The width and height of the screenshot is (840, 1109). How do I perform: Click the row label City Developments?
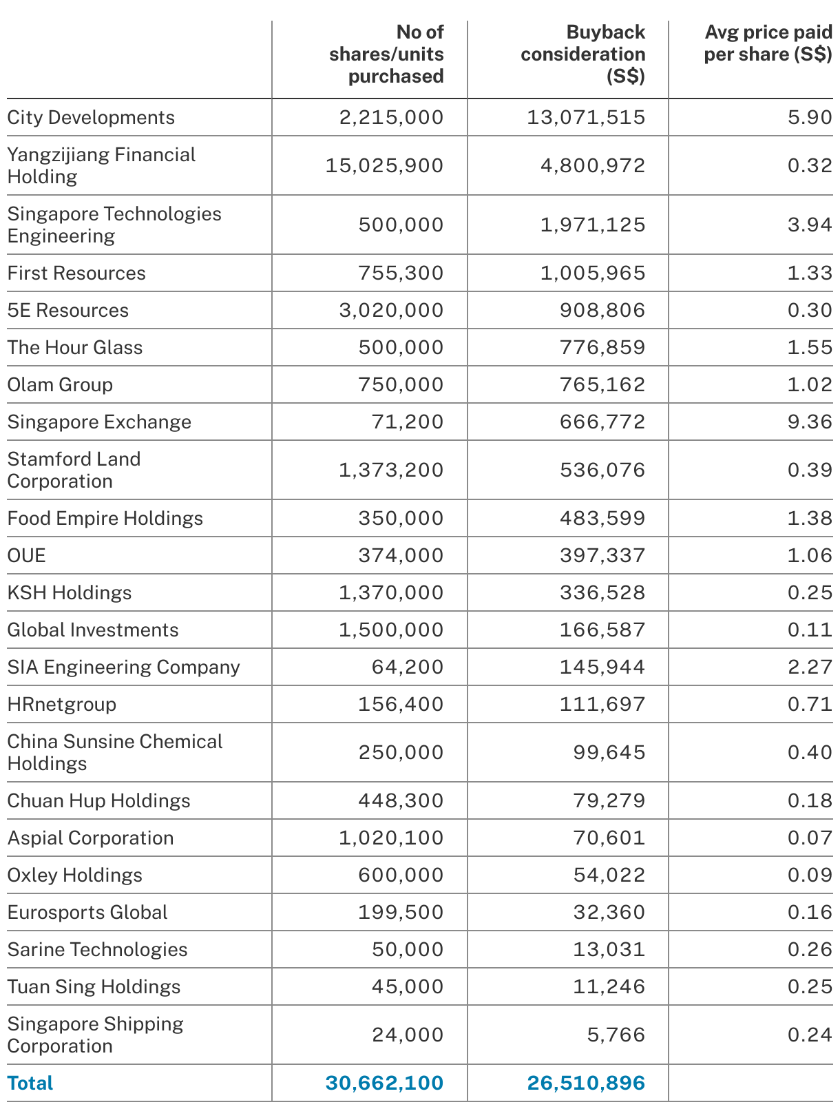coord(91,118)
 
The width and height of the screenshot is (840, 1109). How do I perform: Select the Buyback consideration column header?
coord(583,54)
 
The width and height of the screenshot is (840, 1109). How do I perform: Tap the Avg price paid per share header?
coord(768,43)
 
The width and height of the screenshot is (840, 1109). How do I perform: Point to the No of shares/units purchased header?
coord(386,54)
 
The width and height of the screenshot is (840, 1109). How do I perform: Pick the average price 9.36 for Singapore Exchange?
coord(810,422)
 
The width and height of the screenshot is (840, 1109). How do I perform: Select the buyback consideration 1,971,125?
coord(593,225)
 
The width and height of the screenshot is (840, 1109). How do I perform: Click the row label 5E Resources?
coord(68,311)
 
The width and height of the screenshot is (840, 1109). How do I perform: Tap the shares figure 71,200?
coord(408,422)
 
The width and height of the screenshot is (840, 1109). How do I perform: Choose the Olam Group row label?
coord(60,385)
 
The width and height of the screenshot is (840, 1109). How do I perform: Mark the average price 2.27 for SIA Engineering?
coord(810,667)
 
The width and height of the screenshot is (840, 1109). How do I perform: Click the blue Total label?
coord(30,1084)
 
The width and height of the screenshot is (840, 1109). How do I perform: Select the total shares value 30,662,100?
coord(384,1084)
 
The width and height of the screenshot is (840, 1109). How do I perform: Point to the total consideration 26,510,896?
coord(586,1084)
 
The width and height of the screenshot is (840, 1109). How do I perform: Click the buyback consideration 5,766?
coord(616,1035)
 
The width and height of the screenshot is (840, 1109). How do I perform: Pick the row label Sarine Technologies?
coord(97,950)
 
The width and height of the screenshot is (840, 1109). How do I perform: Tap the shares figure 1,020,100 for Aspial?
coord(391,838)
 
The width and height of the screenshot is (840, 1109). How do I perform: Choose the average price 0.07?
coord(810,838)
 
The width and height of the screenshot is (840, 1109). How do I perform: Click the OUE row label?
coord(27,556)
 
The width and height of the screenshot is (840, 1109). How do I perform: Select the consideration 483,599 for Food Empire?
coord(602,519)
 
